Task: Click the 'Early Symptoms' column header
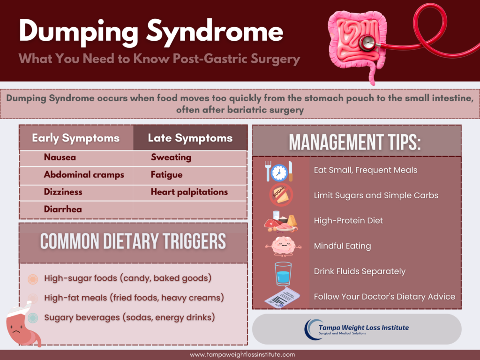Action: pyautogui.click(x=75, y=138)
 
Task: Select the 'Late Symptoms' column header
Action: pyautogui.click(x=190, y=138)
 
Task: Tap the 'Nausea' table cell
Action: pyautogui.click(x=60, y=157)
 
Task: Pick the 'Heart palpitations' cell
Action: pyautogui.click(x=189, y=192)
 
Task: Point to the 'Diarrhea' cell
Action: pyautogui.click(x=63, y=209)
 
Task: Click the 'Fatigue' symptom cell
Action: pyautogui.click(x=166, y=175)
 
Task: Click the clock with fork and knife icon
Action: pyautogui.click(x=279, y=171)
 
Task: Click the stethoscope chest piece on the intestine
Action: pyautogui.click(x=367, y=44)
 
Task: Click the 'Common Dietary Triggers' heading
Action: pyautogui.click(x=133, y=241)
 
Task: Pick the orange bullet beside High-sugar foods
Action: pyautogui.click(x=33, y=279)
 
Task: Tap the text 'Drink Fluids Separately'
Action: pyautogui.click(x=360, y=271)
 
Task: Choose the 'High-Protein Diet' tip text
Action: pyautogui.click(x=348, y=221)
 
